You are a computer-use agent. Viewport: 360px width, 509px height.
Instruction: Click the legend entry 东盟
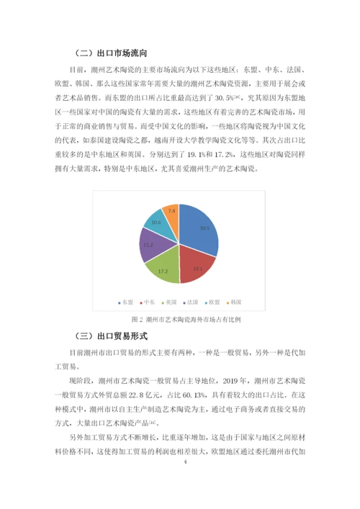tap(127, 301)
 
